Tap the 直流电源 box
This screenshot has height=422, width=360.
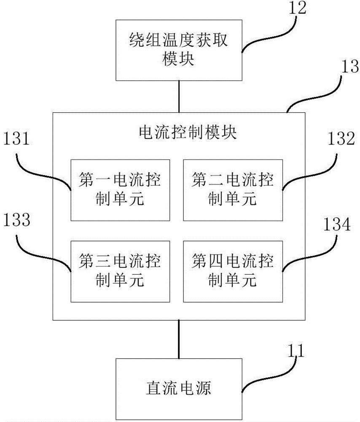pos(179,387)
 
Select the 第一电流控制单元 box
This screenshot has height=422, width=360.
pos(120,190)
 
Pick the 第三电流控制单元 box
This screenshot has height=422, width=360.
pos(120,271)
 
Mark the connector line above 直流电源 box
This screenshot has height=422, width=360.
pos(180,339)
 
